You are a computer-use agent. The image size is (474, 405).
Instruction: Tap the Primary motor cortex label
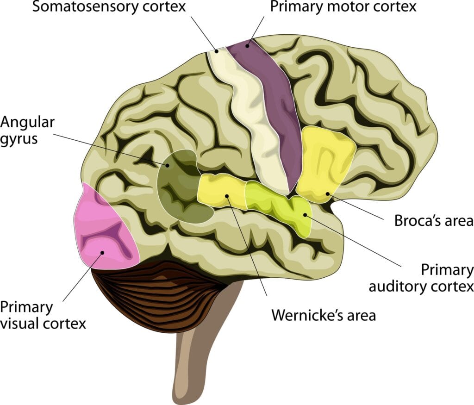[x=343, y=7]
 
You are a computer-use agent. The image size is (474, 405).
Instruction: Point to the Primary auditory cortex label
[x=421, y=278]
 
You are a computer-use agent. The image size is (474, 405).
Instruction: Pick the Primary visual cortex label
[x=43, y=315]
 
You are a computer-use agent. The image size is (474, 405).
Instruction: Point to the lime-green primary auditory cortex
[x=278, y=204]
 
